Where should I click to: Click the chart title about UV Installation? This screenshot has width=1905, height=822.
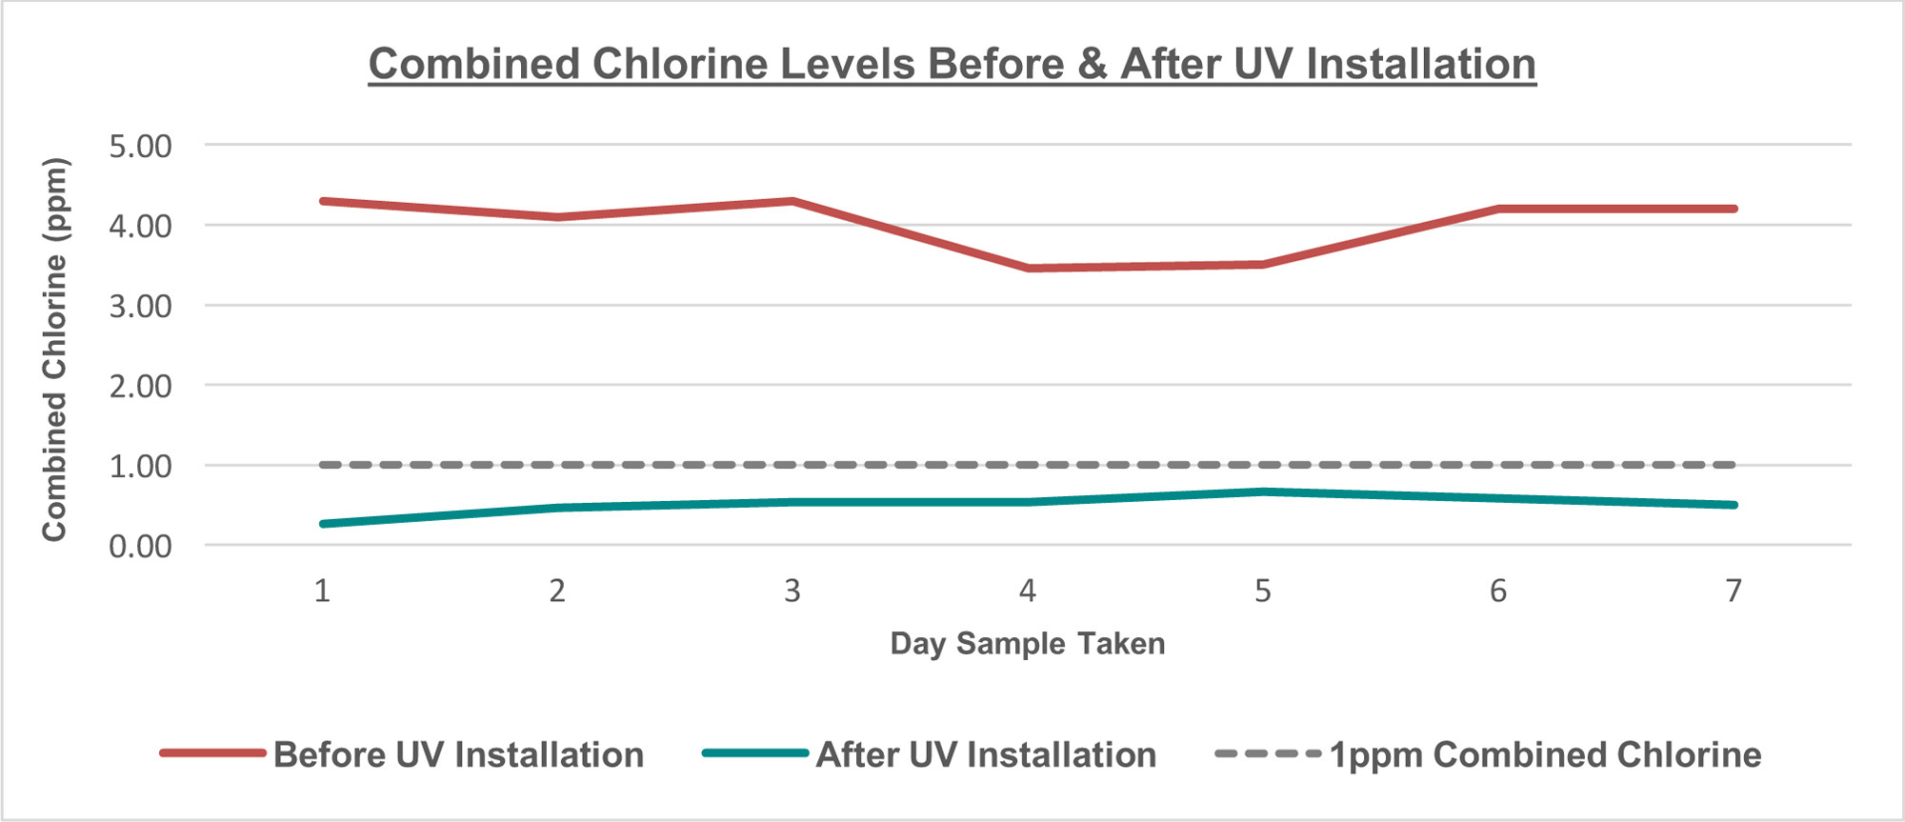coord(952,65)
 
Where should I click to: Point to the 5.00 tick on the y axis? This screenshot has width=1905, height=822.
coord(140,147)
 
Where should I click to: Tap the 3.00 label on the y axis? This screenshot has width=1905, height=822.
coord(140,307)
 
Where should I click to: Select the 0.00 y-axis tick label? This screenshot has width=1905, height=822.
coord(140,547)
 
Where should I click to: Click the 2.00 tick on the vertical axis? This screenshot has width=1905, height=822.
coord(140,387)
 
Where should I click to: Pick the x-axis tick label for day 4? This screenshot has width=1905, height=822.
coord(1027,591)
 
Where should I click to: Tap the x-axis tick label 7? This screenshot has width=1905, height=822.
coord(1734,591)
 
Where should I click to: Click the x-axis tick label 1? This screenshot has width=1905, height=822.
coord(322,591)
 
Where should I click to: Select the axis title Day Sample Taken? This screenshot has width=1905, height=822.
coord(1027,644)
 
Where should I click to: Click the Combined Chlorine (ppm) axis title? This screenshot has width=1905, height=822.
coord(54,350)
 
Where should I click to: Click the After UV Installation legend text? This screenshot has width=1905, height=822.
coord(986,754)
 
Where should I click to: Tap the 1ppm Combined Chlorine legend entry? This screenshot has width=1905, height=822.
coord(1545,754)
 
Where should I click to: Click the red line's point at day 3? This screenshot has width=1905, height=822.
coord(792,201)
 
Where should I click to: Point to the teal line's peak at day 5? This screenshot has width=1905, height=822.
coord(1263,491)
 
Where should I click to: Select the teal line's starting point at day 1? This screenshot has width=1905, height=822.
coord(323,524)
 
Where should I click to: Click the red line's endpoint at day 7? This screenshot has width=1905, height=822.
coord(1734,209)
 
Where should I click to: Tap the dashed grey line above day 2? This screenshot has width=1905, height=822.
coord(557,465)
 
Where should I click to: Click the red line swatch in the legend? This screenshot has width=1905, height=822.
coord(212,753)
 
